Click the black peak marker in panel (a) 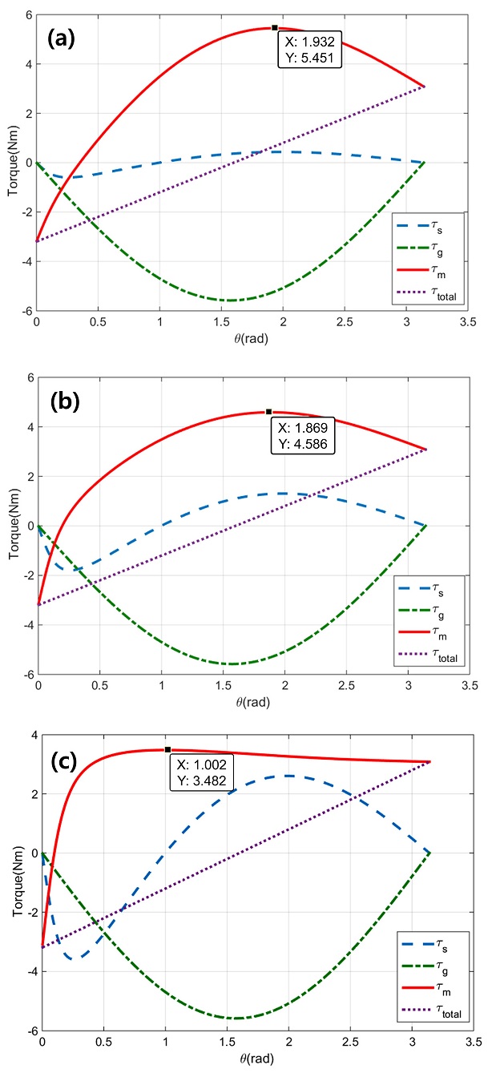(274, 27)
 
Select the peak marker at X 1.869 (268, 411)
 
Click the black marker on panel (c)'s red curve (167, 749)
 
